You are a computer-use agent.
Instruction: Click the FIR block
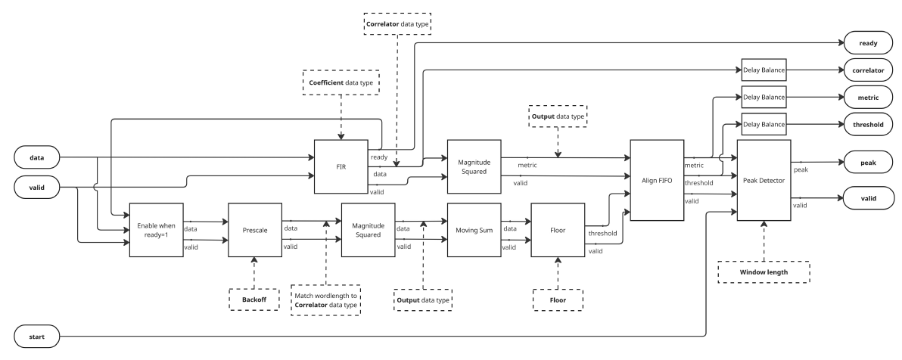click(341, 166)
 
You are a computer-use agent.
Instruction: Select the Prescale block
click(255, 229)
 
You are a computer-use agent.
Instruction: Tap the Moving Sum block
click(474, 229)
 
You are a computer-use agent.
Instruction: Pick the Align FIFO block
click(657, 180)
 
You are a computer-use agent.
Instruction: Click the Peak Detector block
click(764, 180)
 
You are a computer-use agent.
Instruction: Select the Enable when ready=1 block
click(157, 229)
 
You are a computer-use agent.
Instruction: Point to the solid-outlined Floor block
click(558, 229)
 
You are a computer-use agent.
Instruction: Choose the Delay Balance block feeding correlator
click(764, 70)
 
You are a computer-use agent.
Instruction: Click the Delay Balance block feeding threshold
click(764, 124)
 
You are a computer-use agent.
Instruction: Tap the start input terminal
click(37, 337)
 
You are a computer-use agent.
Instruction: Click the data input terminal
click(37, 157)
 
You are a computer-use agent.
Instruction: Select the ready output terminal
click(868, 43)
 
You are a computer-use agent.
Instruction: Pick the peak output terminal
click(868, 163)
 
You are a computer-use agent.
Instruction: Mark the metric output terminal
click(868, 98)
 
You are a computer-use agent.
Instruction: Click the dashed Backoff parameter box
click(254, 299)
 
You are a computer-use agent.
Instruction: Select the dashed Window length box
click(764, 272)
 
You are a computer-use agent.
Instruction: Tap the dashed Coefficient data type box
click(341, 82)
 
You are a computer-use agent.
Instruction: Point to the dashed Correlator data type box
click(397, 24)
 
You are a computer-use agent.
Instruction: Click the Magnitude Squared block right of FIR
click(474, 166)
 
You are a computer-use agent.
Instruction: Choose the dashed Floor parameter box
click(558, 299)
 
